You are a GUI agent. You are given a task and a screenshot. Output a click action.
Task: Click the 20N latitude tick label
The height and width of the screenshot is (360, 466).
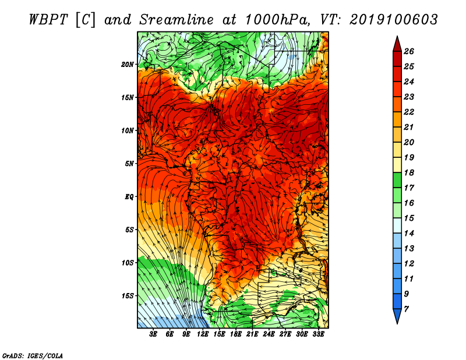point(128,65)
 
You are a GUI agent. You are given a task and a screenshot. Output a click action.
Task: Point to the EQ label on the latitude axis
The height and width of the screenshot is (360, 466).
point(129,197)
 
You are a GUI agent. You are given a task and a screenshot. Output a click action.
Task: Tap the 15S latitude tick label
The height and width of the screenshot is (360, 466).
point(128,296)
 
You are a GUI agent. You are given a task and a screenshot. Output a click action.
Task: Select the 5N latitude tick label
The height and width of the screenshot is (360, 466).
point(129,164)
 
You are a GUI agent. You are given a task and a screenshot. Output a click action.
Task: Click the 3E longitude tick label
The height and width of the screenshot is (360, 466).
point(153,334)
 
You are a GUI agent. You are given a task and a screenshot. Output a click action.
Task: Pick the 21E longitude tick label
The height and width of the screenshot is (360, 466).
point(252,334)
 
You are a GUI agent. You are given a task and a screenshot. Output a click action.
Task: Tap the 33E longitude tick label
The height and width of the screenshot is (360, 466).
point(318,334)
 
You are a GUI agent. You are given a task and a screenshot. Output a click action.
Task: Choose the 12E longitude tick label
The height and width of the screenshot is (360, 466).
point(203,334)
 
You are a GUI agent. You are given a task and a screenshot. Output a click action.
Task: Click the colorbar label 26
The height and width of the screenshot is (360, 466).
point(409,51)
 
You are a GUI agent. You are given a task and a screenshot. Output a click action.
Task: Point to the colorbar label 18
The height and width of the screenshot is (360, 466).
point(409,172)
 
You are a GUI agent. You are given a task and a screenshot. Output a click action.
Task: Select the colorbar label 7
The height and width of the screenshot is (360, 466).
point(406,309)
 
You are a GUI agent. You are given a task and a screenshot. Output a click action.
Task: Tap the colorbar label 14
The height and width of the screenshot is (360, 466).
point(409,234)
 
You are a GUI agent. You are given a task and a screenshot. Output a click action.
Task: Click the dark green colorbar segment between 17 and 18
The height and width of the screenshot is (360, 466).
point(397,180)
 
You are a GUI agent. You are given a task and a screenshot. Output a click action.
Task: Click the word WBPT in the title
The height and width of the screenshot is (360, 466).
point(49,20)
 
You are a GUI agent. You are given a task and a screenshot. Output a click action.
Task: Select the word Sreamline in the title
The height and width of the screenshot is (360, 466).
point(176,20)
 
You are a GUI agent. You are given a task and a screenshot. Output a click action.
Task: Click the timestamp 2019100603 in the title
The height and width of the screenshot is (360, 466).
point(394,20)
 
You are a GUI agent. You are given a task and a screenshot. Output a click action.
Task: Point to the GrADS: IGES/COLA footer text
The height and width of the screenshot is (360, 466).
point(33,356)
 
